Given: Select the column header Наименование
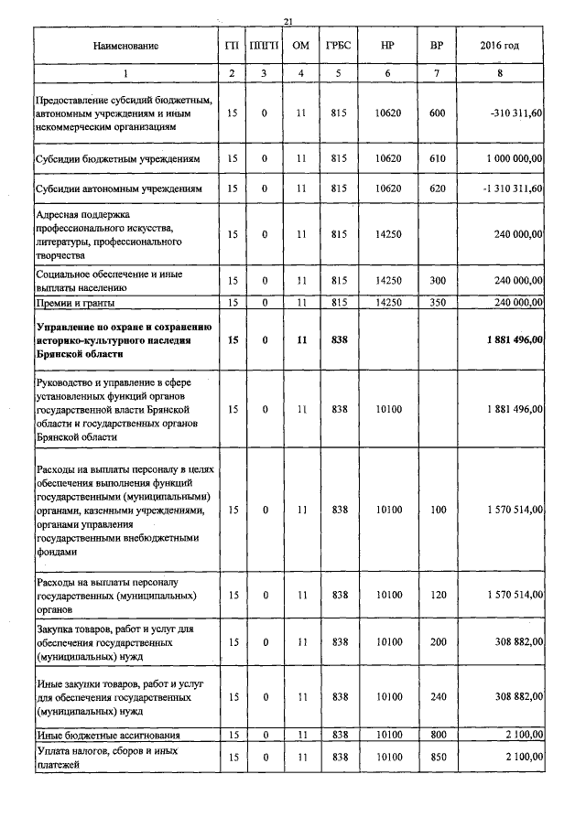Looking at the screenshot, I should [125, 46].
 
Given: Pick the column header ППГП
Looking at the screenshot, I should [265, 46].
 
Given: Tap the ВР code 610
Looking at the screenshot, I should [437, 158].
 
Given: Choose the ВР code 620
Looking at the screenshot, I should [437, 188].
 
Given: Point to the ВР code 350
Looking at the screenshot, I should [437, 302].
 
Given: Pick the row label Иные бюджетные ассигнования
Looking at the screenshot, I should [107, 735].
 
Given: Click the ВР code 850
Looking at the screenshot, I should [437, 758].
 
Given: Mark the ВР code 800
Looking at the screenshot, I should [437, 735].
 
